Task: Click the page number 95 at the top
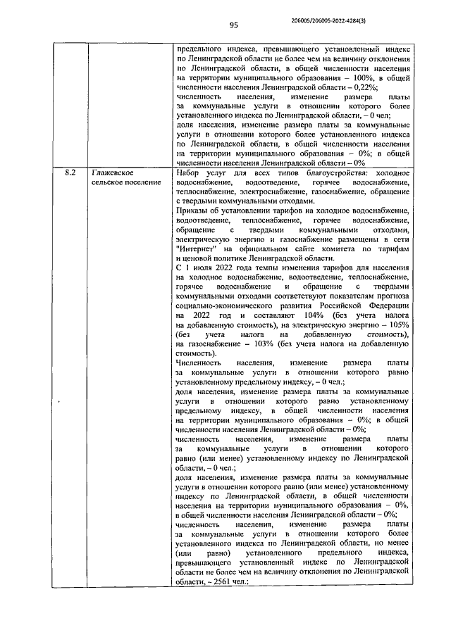[234, 25]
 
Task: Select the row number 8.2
[64, 173]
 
